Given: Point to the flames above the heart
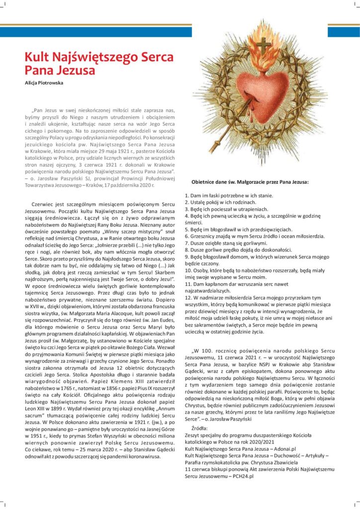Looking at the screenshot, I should pos(264,55).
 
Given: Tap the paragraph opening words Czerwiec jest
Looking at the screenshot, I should pos(52,204).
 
